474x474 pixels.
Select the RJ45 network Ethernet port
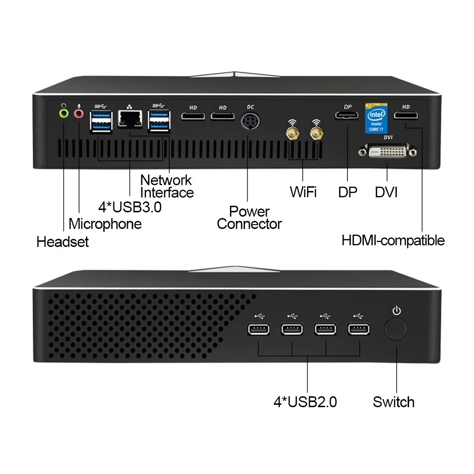(x=130, y=118)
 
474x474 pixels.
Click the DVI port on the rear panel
(x=388, y=152)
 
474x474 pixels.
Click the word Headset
(x=63, y=242)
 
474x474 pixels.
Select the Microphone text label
(x=105, y=224)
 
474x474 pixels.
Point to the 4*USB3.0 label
(x=129, y=207)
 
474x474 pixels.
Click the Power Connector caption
(x=249, y=218)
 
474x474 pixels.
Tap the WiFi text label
(x=303, y=192)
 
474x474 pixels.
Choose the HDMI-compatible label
(x=393, y=240)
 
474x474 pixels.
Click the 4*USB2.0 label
(x=305, y=402)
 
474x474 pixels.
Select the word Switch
(x=393, y=402)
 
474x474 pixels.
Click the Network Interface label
(x=166, y=186)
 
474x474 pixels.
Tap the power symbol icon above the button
(x=397, y=311)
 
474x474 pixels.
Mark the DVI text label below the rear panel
(x=386, y=192)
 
